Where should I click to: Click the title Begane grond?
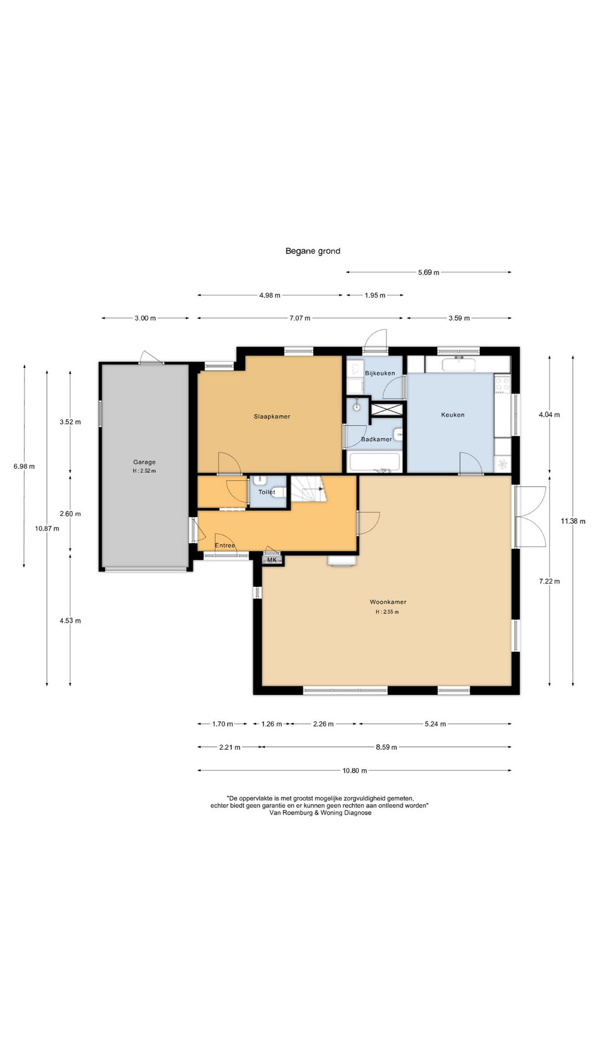click(x=313, y=251)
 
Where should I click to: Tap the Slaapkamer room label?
click(x=272, y=417)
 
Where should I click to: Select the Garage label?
click(x=144, y=462)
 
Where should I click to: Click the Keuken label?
click(x=453, y=415)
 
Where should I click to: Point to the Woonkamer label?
click(x=388, y=602)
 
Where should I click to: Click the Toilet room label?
click(x=267, y=492)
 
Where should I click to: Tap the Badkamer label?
click(x=377, y=439)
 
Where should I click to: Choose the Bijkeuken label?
click(x=380, y=374)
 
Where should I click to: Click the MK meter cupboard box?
click(x=272, y=560)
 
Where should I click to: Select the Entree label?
click(x=225, y=545)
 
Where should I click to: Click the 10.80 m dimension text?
click(x=354, y=771)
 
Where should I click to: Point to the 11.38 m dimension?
click(x=573, y=521)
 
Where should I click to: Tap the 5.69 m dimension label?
click(x=429, y=273)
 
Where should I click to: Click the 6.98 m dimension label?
click(x=24, y=467)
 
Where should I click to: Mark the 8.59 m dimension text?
click(x=387, y=748)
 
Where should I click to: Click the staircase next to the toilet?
click(x=309, y=488)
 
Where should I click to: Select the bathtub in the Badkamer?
click(x=374, y=462)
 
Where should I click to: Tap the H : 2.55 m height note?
click(x=387, y=612)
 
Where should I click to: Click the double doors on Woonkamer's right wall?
click(x=530, y=516)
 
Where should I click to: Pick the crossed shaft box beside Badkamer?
click(x=386, y=409)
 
